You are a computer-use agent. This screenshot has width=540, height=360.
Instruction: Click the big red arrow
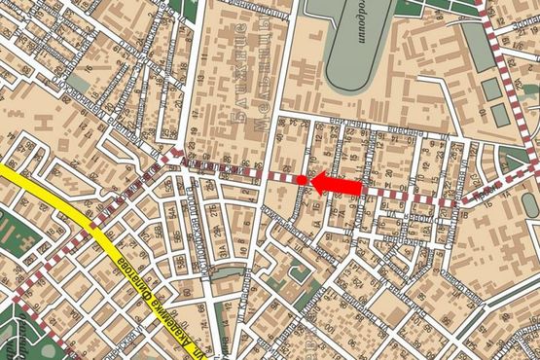(336, 184)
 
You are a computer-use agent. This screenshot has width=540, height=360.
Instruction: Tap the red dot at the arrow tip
(302, 180)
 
